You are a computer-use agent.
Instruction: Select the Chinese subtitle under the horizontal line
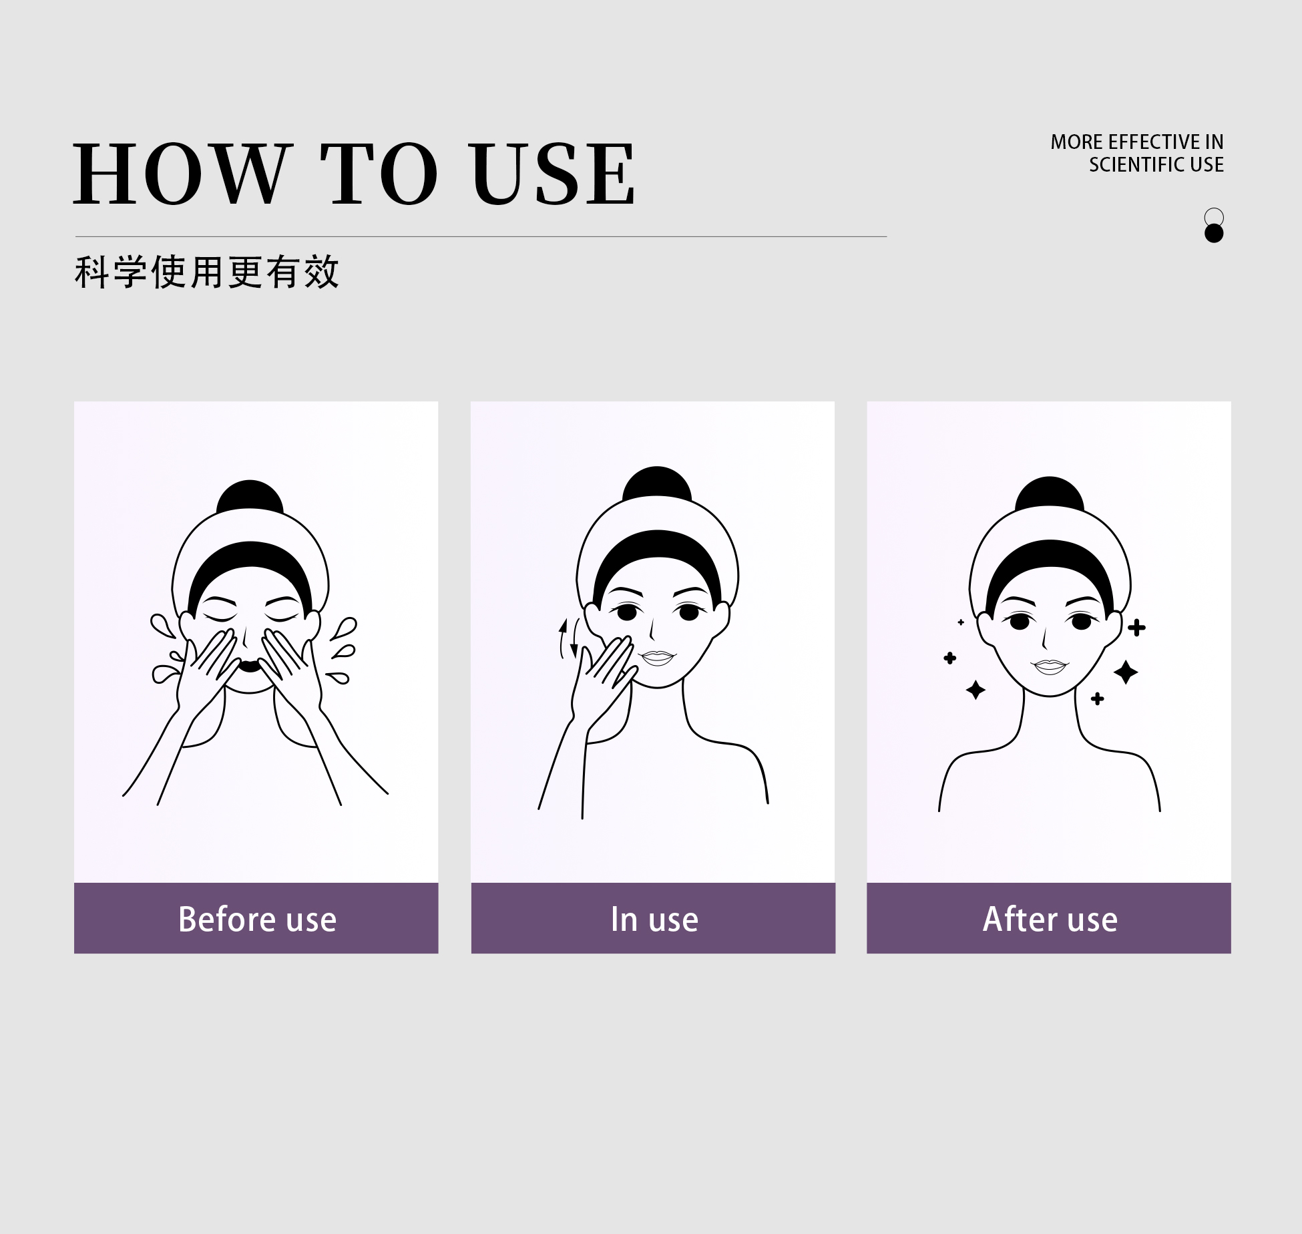pyautogui.click(x=207, y=272)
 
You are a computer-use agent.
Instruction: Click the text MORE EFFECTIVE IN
pyautogui.click(x=1137, y=142)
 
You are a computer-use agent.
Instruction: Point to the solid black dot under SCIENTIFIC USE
pyautogui.click(x=1214, y=233)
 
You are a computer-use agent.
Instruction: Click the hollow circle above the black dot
pyautogui.click(x=1214, y=217)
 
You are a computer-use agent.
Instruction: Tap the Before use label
pyautogui.click(x=257, y=919)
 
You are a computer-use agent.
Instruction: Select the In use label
pyautogui.click(x=654, y=919)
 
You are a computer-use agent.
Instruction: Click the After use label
pyautogui.click(x=1050, y=919)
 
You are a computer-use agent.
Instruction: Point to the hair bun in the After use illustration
pyautogui.click(x=1049, y=495)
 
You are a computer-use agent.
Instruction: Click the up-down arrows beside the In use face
pyautogui.click(x=569, y=638)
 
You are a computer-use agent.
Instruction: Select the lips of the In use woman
pyautogui.click(x=658, y=658)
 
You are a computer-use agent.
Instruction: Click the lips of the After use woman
pyautogui.click(x=1050, y=666)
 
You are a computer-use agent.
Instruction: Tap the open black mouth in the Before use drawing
pyautogui.click(x=249, y=665)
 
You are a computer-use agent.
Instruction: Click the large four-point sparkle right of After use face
pyautogui.click(x=1126, y=672)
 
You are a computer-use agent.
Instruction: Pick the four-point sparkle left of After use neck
pyautogui.click(x=975, y=690)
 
